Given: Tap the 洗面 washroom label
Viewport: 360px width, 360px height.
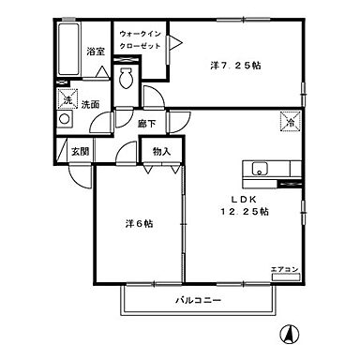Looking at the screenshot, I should coord(90,104).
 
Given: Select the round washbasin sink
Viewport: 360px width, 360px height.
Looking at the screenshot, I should coord(64,120).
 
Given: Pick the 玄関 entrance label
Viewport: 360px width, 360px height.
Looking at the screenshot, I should coord(78,151).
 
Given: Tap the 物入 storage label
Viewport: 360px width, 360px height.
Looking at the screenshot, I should coord(160,150).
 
